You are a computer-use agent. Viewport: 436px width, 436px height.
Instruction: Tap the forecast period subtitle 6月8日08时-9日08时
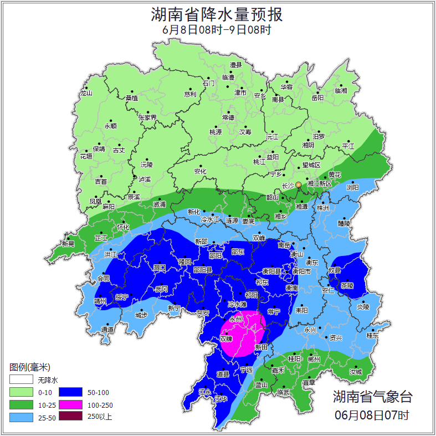tap(217, 30)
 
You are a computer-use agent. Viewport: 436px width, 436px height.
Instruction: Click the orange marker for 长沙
tap(299, 184)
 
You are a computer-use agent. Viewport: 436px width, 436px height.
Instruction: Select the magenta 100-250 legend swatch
tap(70, 405)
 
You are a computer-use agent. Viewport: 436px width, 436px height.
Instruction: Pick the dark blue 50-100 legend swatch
tap(70, 392)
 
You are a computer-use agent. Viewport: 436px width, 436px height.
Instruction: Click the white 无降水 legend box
tap(20, 380)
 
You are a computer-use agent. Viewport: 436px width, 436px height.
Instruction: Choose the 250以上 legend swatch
tap(70, 417)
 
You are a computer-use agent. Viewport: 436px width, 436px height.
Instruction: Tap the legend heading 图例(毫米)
tap(30, 367)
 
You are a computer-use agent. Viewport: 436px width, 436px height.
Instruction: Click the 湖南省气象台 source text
tap(372, 396)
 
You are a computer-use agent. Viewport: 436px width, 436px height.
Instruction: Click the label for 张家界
tap(147, 117)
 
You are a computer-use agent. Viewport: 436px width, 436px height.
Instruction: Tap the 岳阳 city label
tap(317, 98)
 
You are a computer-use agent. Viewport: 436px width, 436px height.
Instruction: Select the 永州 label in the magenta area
tap(237, 320)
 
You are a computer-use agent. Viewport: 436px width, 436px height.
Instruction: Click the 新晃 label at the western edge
tap(68, 244)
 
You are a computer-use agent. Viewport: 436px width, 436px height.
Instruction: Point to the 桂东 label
tap(372, 335)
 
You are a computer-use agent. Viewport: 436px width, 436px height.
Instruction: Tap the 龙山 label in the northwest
tap(86, 93)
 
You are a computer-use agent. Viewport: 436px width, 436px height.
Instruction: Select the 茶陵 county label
tap(347, 286)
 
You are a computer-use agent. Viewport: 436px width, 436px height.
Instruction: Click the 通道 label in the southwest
tap(107, 330)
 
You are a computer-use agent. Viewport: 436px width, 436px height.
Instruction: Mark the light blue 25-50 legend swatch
tap(20, 417)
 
